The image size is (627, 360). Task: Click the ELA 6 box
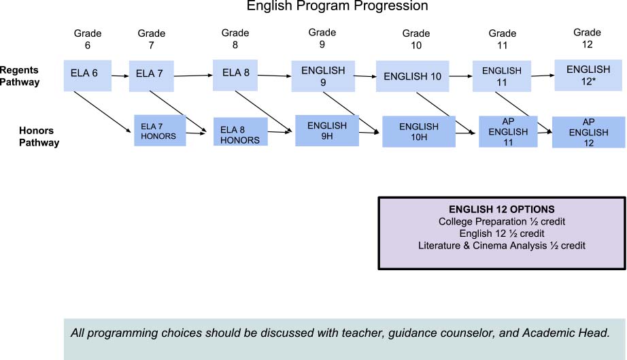tap(88, 76)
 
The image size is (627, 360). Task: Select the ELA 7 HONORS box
tap(160, 131)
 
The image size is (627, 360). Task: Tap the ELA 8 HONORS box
tap(240, 131)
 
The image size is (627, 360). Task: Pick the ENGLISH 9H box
tap(327, 131)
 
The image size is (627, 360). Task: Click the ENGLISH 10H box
tap(419, 131)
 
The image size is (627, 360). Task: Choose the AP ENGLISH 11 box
tap(508, 131)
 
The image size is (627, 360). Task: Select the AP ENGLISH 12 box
tap(589, 132)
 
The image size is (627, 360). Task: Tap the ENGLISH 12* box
tap(588, 76)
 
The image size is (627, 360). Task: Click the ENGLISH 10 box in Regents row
tap(412, 76)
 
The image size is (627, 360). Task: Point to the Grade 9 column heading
tap(322, 38)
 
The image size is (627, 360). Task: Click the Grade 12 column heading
tap(587, 38)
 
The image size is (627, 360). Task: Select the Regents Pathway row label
tap(20, 76)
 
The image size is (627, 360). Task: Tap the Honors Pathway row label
tap(39, 136)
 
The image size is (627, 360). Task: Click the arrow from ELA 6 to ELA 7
tap(120, 76)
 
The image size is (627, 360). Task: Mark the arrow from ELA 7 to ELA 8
tap(193, 76)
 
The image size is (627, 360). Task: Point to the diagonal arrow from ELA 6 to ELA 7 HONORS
tap(103, 112)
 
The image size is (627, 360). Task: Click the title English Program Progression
tap(337, 5)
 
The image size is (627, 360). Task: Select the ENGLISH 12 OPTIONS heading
tap(501, 209)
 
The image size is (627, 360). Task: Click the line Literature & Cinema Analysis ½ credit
tap(501, 245)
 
